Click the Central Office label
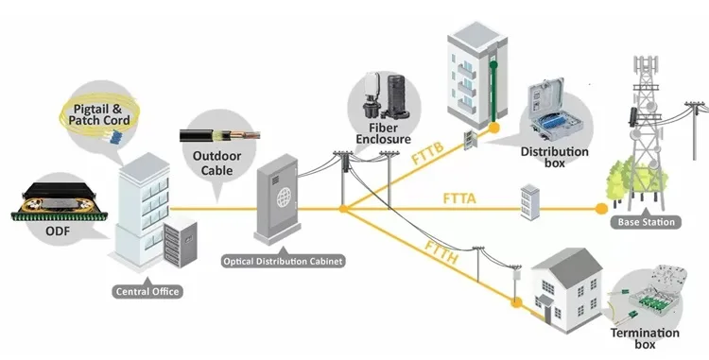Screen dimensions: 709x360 pyautogui.click(x=147, y=291)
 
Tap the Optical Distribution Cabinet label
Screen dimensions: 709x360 pyautogui.click(x=283, y=261)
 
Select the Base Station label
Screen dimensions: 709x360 pyautogui.click(x=647, y=222)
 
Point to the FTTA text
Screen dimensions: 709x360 pyautogui.click(x=459, y=198)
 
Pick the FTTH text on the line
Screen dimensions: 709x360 pyautogui.click(x=441, y=252)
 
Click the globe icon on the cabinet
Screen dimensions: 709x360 pyautogui.click(x=284, y=197)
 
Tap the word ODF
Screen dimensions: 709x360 pyautogui.click(x=58, y=231)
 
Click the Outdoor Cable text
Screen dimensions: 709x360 pyautogui.click(x=216, y=163)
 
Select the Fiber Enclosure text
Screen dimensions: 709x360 pyautogui.click(x=384, y=133)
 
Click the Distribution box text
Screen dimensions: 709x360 pyautogui.click(x=555, y=157)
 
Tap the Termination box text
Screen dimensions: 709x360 pyautogui.click(x=645, y=339)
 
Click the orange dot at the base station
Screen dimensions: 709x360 pyautogui.click(x=601, y=209)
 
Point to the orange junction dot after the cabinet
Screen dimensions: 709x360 pyautogui.click(x=344, y=209)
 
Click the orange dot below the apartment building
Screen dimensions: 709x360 pyautogui.click(x=494, y=128)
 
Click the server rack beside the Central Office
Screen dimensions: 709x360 pyautogui.click(x=180, y=242)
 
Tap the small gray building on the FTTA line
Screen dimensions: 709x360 pyautogui.click(x=530, y=202)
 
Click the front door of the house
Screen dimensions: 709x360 pyautogui.click(x=547, y=315)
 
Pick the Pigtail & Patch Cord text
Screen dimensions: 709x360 pyautogui.click(x=99, y=114)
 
